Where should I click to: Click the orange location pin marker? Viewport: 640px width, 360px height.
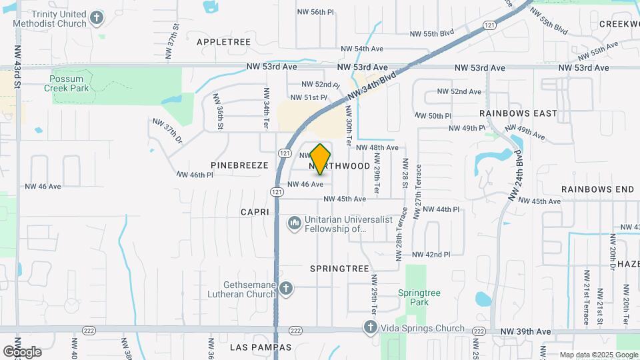tap(321, 159)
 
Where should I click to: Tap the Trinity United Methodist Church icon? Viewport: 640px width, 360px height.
tap(97, 18)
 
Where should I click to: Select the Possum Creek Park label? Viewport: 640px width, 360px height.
tap(66, 83)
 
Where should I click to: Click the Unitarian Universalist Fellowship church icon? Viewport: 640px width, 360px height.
tap(294, 223)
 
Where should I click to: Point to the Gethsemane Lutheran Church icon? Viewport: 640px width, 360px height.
tap(286, 288)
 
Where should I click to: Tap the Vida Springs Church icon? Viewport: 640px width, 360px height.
tap(371, 327)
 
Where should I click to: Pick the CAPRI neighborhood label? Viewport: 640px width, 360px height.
tap(255, 212)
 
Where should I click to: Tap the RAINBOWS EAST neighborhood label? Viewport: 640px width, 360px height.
tap(517, 113)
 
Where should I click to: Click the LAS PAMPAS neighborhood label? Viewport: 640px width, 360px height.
tap(261, 347)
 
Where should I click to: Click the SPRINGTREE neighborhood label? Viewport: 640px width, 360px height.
tap(339, 268)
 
